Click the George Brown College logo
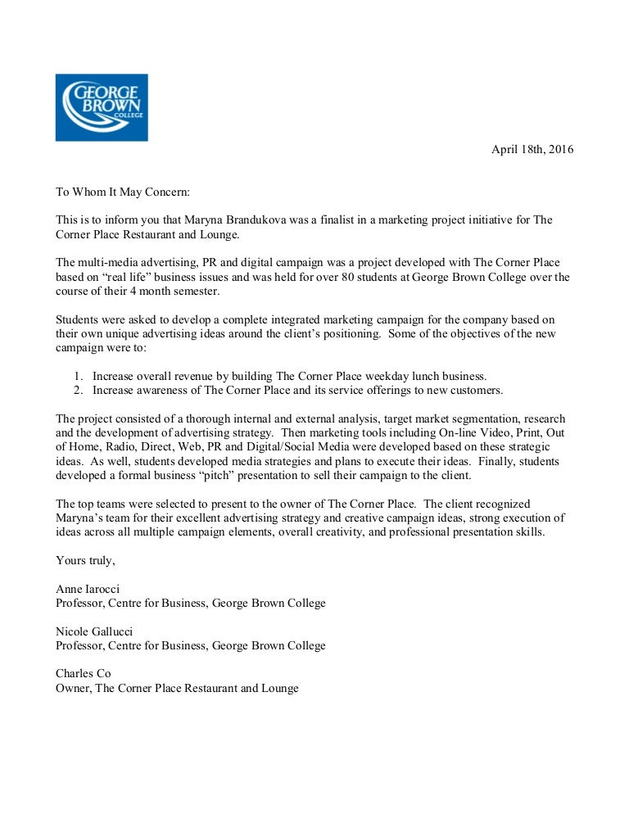pos(102,106)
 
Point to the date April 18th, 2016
pos(532,149)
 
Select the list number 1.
pos(77,376)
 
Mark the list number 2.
pos(77,390)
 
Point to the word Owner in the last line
pos(72,688)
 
